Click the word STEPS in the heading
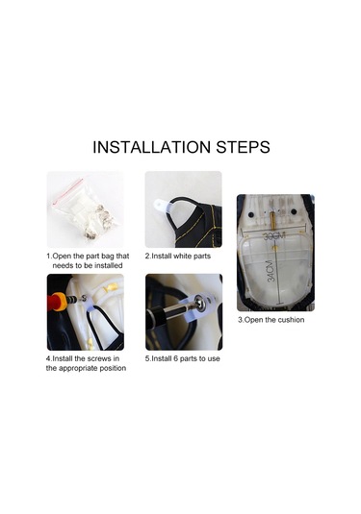coord(244,147)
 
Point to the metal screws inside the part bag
coord(98,220)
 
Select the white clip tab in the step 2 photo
coord(161,205)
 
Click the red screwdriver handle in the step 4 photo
coord(58,302)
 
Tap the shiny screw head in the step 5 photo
coord(199,303)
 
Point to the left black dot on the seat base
coord(251,214)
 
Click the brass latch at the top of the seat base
coord(272,217)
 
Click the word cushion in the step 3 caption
coord(291,320)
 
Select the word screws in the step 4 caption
coord(99,358)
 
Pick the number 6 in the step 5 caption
coord(176,358)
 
